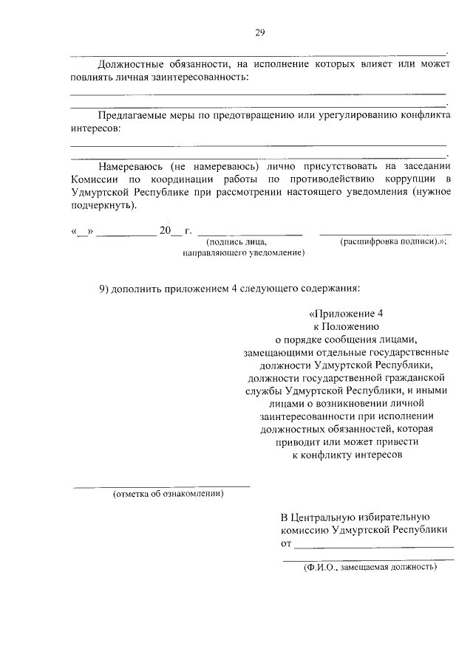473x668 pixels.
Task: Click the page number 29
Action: coord(259,32)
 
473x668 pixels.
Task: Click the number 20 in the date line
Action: coord(165,230)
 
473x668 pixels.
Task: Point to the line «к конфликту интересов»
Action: coord(347,455)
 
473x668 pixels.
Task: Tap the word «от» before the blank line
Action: coord(286,545)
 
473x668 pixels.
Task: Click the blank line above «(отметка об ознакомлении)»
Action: coord(160,486)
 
